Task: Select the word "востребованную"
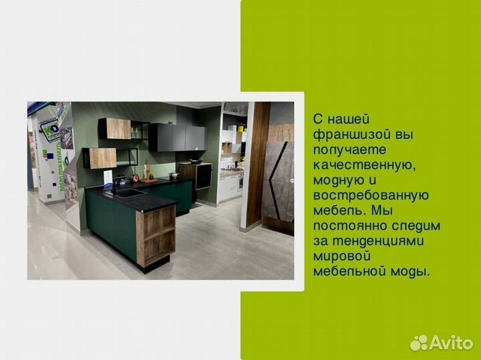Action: tap(371, 195)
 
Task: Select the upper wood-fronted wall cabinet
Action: tap(115, 129)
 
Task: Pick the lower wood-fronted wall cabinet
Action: tap(101, 158)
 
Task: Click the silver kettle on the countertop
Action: tap(174, 175)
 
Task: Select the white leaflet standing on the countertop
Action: tap(108, 178)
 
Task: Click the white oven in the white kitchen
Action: tap(240, 181)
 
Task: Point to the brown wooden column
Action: tap(257, 164)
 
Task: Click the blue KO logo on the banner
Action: tap(49, 130)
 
